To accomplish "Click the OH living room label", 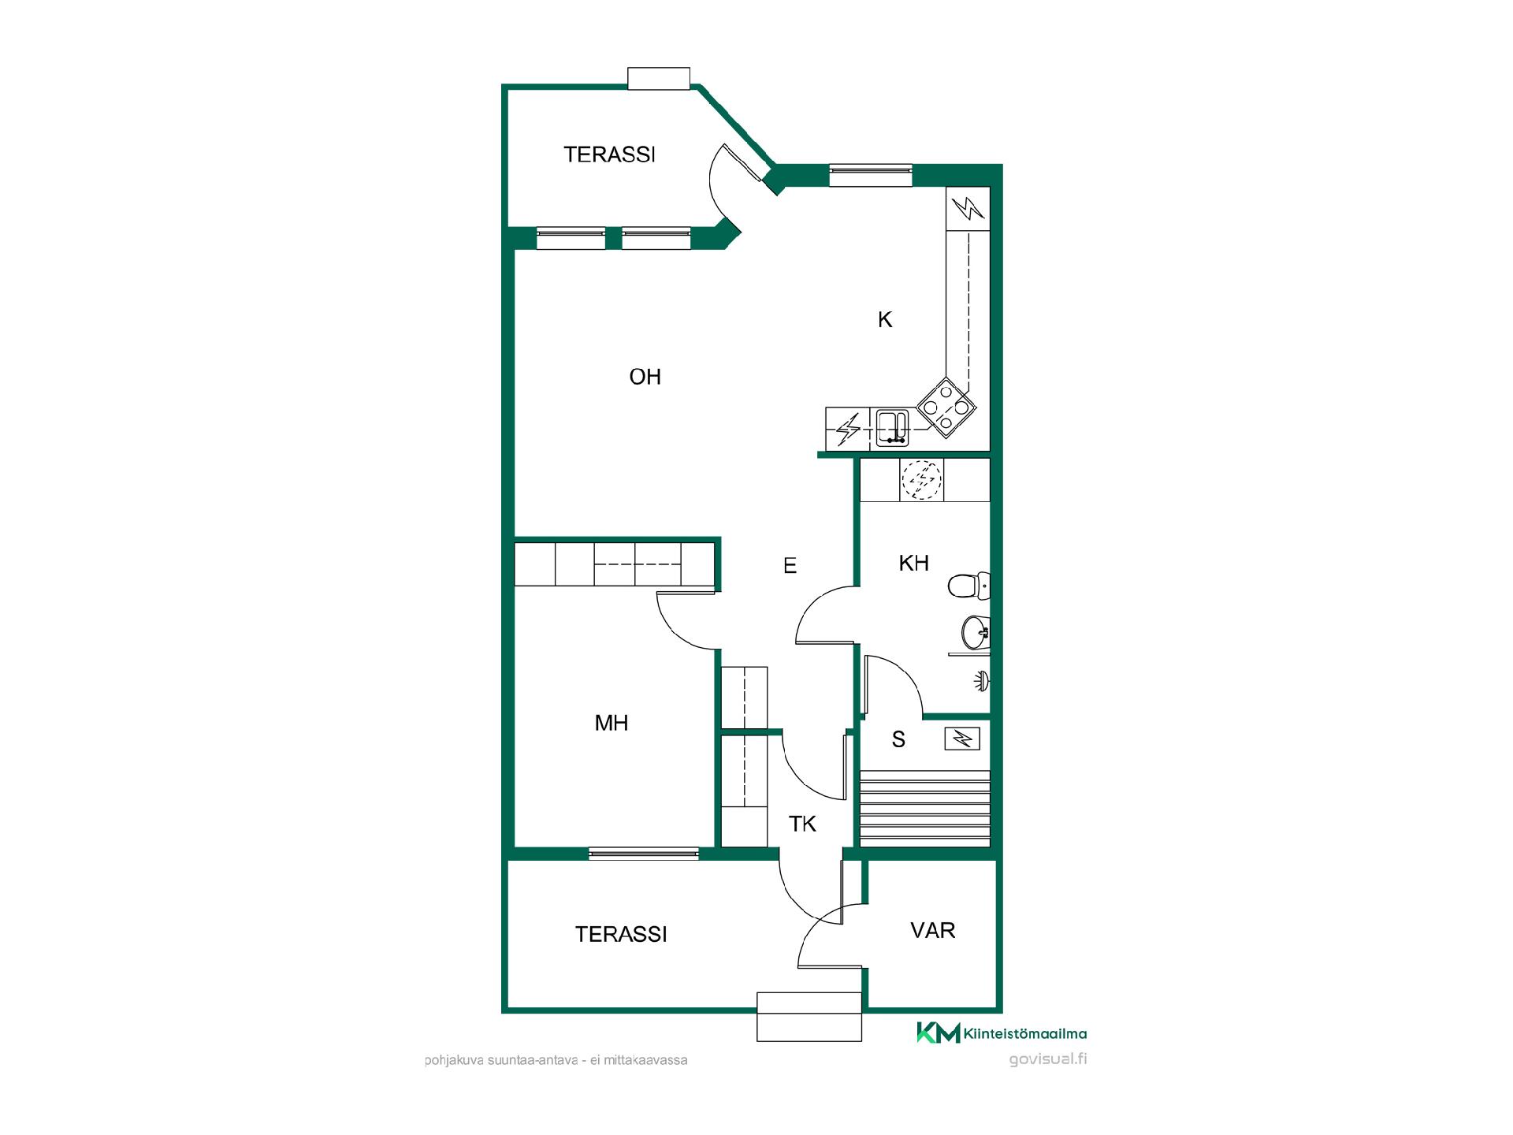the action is [645, 377].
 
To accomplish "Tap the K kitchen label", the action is [885, 319].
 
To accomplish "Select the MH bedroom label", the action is [612, 723].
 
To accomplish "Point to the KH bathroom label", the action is [914, 563].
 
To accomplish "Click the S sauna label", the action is [898, 739].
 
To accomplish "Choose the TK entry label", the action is [802, 824].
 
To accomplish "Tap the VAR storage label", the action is [933, 930].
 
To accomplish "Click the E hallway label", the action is [790, 565].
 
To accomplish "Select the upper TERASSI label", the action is [610, 154].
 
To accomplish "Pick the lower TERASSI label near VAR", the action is [621, 934].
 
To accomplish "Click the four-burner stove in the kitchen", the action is [946, 407].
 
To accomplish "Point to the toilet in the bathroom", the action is [968, 586].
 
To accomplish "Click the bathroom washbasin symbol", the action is [976, 632].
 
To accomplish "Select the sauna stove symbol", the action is [962, 739].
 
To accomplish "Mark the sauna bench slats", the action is [925, 809].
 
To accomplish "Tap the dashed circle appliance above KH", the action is [922, 479].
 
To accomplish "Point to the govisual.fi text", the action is [1048, 1059].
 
